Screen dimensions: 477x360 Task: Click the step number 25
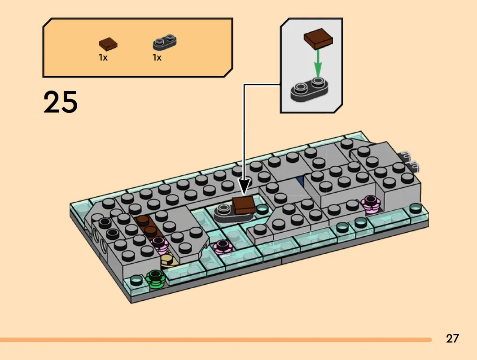[x=60, y=102]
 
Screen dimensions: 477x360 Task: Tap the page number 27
[x=452, y=338]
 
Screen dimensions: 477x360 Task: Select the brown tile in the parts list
[x=108, y=44]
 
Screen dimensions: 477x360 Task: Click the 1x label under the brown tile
[x=103, y=57]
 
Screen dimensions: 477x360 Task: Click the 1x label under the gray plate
[x=157, y=57]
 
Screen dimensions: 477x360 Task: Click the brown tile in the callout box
[x=318, y=39]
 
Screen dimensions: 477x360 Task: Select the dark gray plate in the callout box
[x=309, y=89]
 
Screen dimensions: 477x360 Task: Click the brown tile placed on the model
[x=243, y=205]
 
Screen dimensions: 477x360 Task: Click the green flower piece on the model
[x=155, y=278]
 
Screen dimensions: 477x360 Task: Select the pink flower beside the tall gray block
[x=370, y=203]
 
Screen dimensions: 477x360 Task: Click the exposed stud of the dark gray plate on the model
[x=224, y=208]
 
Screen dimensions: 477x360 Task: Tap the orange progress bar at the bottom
[x=216, y=340]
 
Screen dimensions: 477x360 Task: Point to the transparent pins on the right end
[x=409, y=160]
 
